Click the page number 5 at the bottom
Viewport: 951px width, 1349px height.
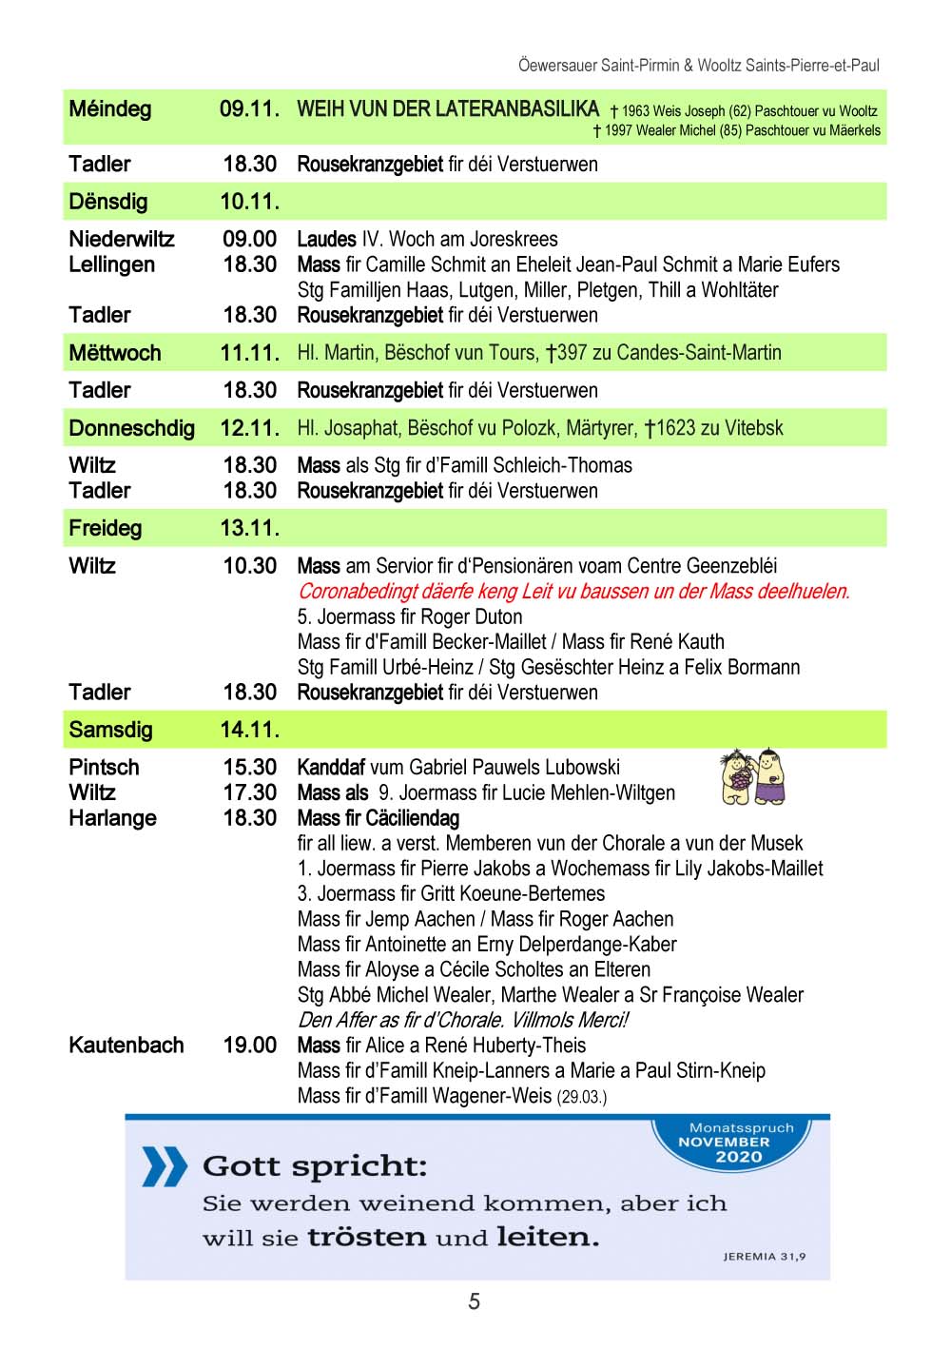click(474, 1301)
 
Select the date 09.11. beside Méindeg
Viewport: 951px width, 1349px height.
click(249, 109)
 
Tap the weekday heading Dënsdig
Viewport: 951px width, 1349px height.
click(108, 202)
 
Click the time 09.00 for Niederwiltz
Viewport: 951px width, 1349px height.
click(250, 239)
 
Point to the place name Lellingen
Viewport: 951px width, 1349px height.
click(111, 264)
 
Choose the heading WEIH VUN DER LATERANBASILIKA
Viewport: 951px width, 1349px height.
click(448, 109)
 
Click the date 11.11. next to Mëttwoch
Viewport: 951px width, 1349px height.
click(249, 353)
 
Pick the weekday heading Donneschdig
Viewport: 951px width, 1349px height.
click(131, 428)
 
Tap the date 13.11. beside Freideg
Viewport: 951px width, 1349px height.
click(249, 528)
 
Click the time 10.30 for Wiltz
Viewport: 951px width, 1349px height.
click(250, 566)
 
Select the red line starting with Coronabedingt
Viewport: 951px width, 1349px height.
click(573, 591)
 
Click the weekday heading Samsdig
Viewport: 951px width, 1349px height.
click(110, 730)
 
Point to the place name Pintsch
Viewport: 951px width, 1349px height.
click(104, 767)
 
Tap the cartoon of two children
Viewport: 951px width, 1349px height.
click(753, 777)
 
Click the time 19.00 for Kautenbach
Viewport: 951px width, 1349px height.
click(250, 1045)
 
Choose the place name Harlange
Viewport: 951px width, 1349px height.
click(112, 817)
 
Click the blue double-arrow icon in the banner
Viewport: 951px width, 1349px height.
click(164, 1166)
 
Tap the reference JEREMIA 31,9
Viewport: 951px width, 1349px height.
click(764, 1257)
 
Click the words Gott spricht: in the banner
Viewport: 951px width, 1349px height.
click(315, 1166)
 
